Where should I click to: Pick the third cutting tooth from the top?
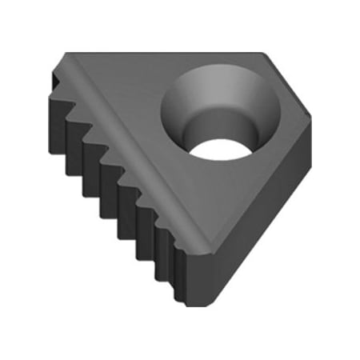[x=86, y=128]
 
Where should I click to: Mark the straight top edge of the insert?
[x=160, y=54]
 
